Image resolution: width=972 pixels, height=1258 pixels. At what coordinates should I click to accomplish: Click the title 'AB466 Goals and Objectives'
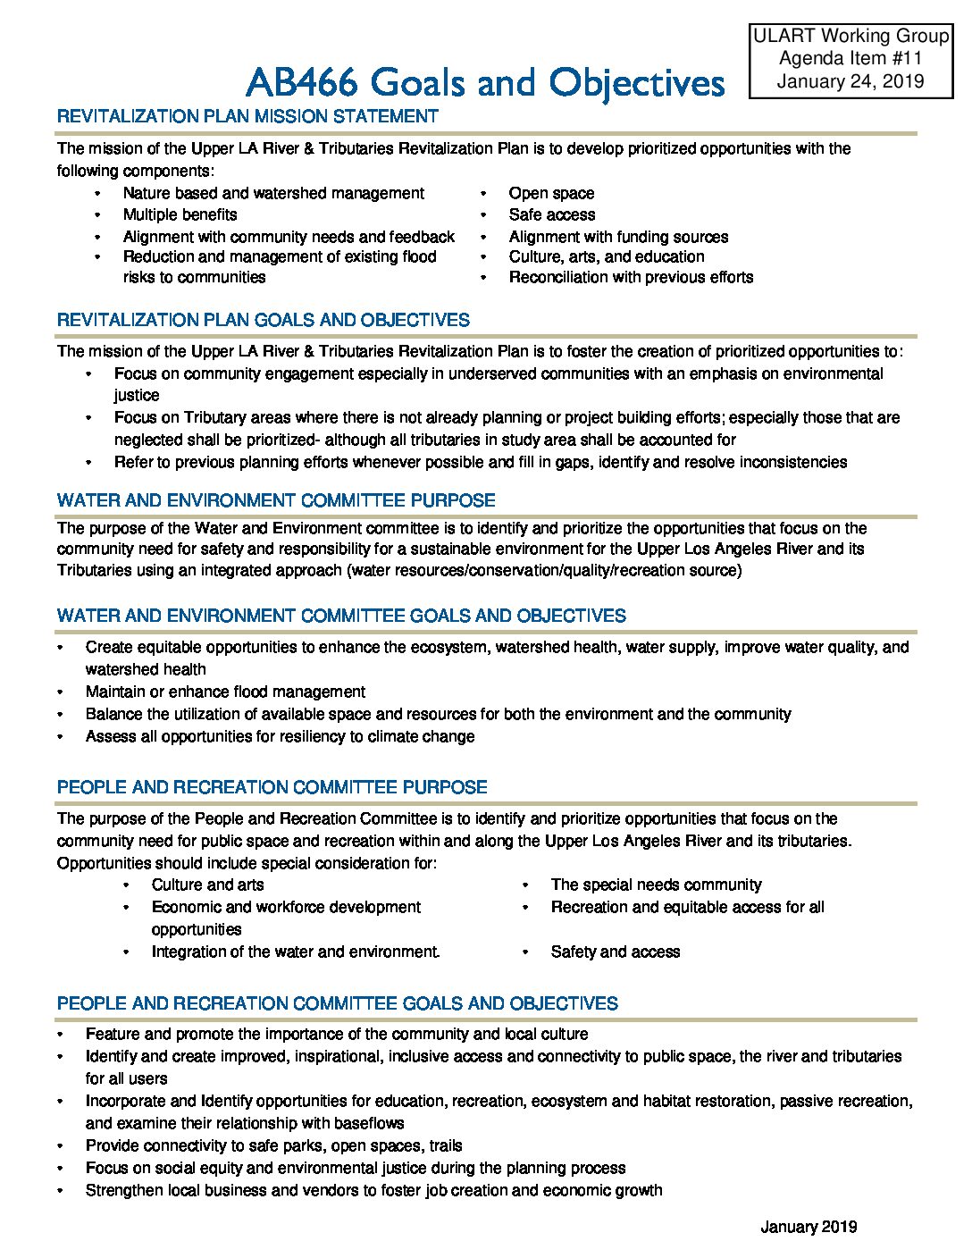click(484, 83)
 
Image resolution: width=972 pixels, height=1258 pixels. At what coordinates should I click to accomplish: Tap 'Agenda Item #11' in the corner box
click(850, 59)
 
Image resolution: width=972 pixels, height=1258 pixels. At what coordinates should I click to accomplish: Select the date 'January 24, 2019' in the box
click(850, 82)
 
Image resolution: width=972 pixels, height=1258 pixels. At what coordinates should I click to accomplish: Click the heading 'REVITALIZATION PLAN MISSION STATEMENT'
click(247, 116)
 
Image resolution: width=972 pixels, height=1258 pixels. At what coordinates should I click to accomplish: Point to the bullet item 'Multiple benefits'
click(180, 214)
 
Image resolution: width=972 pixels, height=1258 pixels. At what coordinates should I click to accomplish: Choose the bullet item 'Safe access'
click(551, 214)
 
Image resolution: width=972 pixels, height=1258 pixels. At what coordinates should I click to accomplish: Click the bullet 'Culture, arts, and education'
click(606, 256)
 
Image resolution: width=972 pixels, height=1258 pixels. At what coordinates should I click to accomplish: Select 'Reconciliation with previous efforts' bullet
click(631, 277)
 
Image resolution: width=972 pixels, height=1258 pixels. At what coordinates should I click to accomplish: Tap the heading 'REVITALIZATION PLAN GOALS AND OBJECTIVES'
click(263, 320)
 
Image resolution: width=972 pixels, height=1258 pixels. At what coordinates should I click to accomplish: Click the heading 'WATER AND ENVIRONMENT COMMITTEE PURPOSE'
click(276, 500)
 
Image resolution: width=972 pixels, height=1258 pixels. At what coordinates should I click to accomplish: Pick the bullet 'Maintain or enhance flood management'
click(225, 692)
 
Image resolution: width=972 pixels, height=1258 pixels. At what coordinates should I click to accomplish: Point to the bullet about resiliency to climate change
click(280, 736)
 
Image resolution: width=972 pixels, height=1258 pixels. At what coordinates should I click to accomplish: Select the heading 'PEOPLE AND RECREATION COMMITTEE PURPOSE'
click(272, 787)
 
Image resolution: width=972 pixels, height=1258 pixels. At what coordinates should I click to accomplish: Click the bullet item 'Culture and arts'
click(207, 885)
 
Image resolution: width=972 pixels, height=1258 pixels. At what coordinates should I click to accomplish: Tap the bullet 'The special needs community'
click(656, 885)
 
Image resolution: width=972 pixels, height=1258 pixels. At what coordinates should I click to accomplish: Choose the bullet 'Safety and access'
click(615, 952)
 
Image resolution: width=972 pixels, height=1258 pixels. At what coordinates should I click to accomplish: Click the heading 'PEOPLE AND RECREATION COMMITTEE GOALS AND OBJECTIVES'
click(337, 1003)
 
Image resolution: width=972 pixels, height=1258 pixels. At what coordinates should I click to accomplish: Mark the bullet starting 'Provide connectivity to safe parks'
click(273, 1145)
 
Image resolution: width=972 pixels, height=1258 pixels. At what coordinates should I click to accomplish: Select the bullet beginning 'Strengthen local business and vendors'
click(373, 1190)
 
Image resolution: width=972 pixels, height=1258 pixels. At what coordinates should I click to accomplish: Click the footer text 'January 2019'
click(809, 1227)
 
